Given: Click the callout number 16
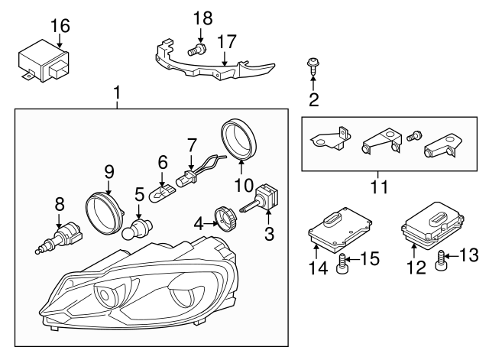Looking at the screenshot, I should pyautogui.click(x=60, y=26).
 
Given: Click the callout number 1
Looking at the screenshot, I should pyautogui.click(x=117, y=94).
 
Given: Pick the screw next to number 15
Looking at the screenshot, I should pyautogui.click(x=343, y=264).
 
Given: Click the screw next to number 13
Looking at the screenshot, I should pyautogui.click(x=442, y=263).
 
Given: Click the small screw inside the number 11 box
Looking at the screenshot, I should pyautogui.click(x=413, y=135).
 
